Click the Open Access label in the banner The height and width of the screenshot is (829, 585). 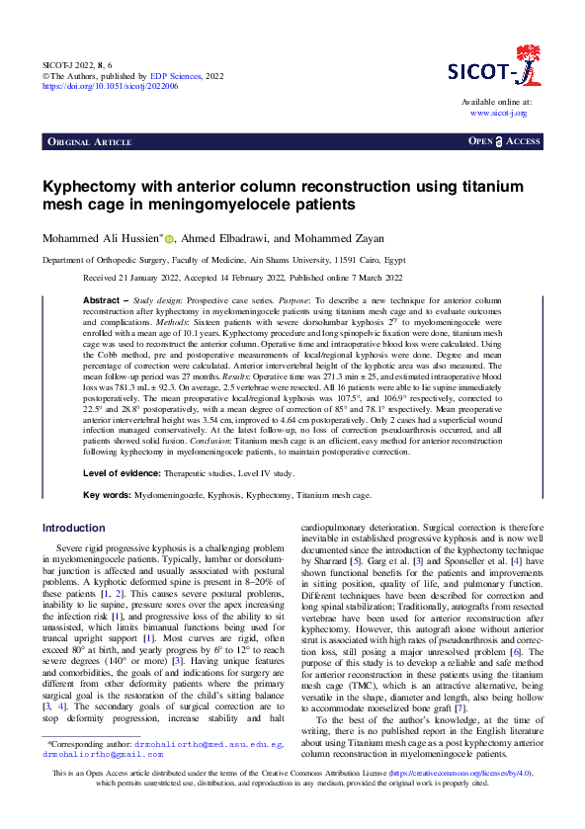click(504, 142)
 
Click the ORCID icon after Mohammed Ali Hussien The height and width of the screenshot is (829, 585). click(169, 238)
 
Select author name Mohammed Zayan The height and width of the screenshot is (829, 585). click(329, 238)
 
